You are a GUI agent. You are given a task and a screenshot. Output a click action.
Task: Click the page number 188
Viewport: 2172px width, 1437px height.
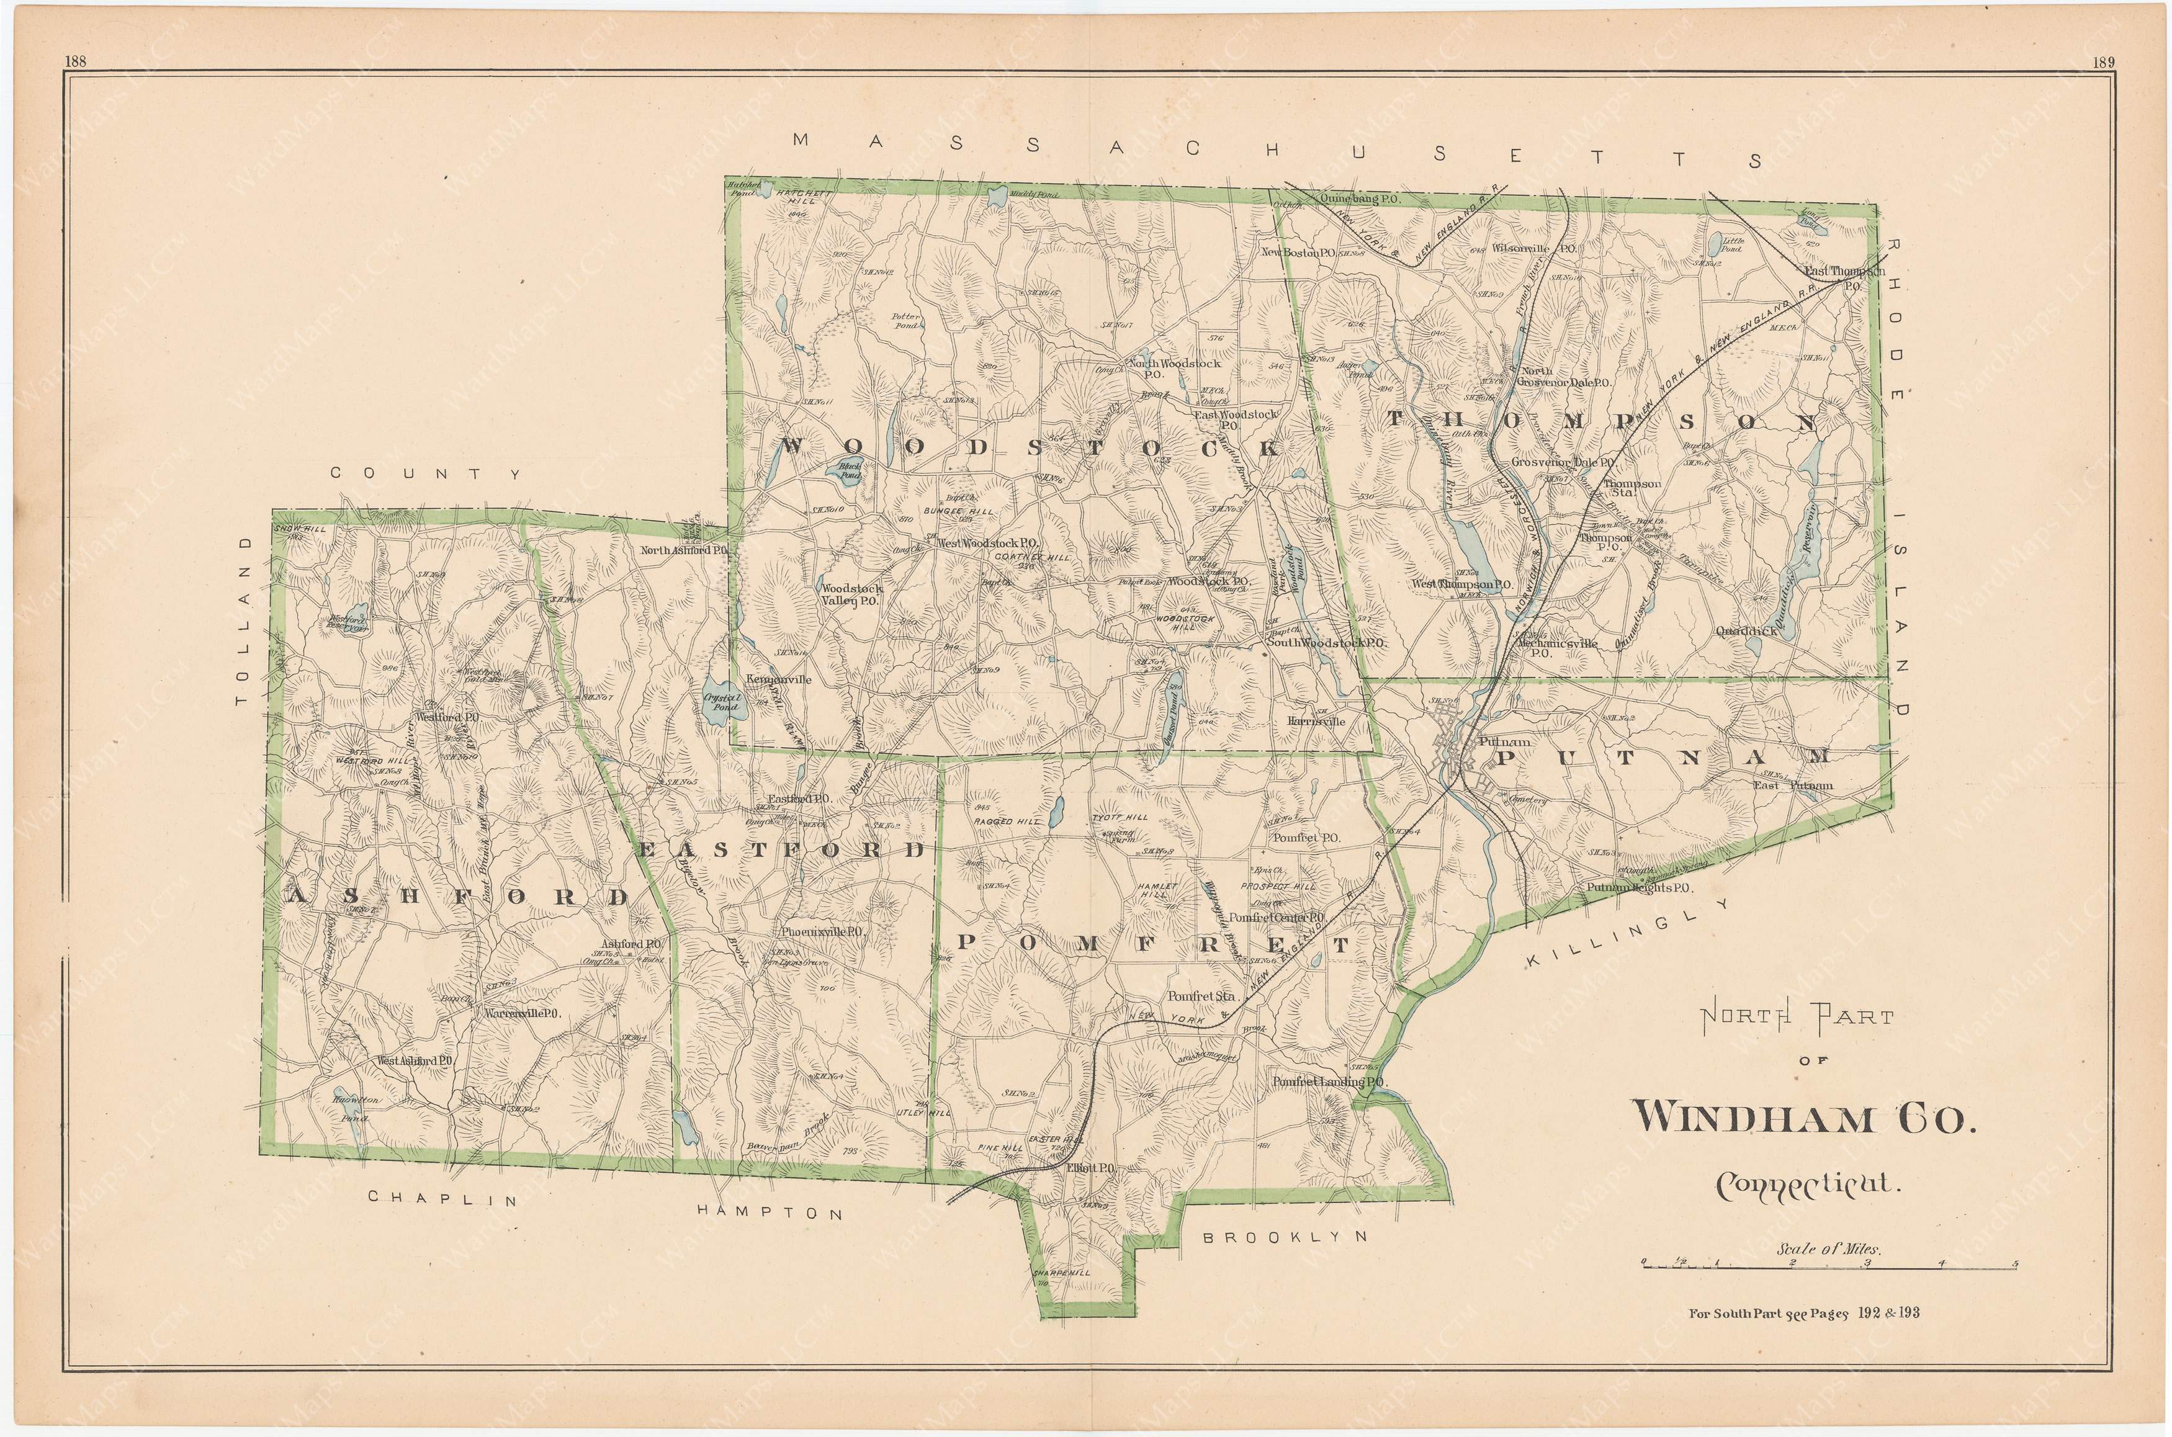click(76, 62)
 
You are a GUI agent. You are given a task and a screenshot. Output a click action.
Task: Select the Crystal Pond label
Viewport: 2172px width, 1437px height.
click(721, 702)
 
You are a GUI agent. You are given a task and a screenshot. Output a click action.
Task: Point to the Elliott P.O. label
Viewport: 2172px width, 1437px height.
click(1090, 1170)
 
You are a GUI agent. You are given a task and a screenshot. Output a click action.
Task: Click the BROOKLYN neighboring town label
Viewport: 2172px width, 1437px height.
click(1284, 1237)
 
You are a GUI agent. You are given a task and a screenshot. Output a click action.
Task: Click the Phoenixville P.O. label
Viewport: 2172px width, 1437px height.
click(823, 931)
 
